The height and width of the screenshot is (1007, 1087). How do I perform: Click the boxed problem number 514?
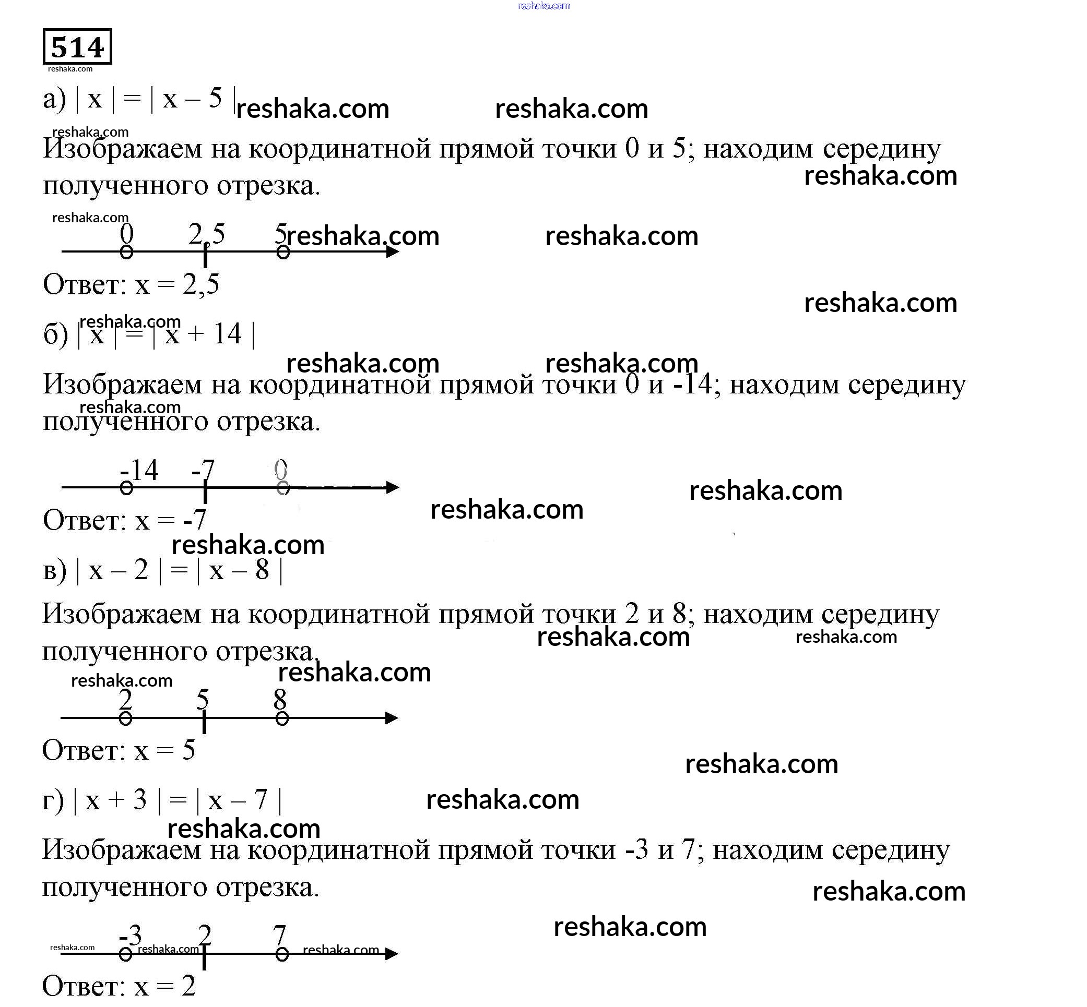[x=77, y=47]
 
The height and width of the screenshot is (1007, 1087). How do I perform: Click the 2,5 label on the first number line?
[x=207, y=234]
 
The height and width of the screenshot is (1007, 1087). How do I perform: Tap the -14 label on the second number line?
[x=139, y=470]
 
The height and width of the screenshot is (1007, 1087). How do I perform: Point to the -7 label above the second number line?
[x=203, y=470]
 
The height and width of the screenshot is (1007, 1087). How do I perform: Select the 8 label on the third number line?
[x=280, y=699]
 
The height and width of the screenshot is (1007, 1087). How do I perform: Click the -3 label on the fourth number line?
[x=131, y=936]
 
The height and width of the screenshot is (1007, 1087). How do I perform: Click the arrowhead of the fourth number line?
[x=392, y=954]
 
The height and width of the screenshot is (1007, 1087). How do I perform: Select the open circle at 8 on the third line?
[x=282, y=719]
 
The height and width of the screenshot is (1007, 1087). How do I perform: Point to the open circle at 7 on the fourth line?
[x=282, y=954]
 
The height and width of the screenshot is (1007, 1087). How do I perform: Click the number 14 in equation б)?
[x=227, y=333]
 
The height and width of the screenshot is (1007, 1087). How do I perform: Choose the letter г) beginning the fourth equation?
[x=53, y=800]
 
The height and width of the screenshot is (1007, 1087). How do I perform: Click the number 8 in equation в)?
[x=262, y=570]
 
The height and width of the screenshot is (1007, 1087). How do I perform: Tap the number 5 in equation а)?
[x=216, y=98]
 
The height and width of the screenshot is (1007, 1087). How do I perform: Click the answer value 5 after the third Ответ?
[x=188, y=750]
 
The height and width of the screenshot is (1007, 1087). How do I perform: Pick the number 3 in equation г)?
[x=140, y=800]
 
